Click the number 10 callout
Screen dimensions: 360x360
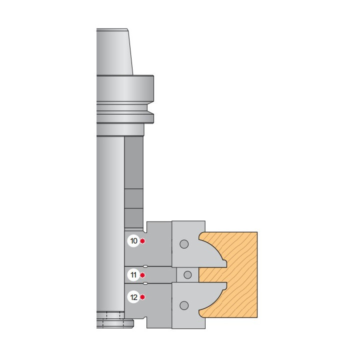pyautogui.click(x=133, y=241)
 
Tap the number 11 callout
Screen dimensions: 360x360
pyautogui.click(x=133, y=275)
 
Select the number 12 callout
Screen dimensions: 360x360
pyautogui.click(x=133, y=297)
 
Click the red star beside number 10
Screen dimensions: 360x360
pyautogui.click(x=143, y=241)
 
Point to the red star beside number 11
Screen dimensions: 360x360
pyautogui.click(x=143, y=275)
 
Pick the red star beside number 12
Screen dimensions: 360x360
pyautogui.click(x=143, y=297)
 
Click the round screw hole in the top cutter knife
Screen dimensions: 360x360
pyautogui.click(x=184, y=244)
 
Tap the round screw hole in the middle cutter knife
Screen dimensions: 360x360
pyautogui.click(x=188, y=274)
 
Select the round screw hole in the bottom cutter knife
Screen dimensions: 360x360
pyautogui.click(x=184, y=305)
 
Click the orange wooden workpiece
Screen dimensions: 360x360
pyautogui.click(x=239, y=275)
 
